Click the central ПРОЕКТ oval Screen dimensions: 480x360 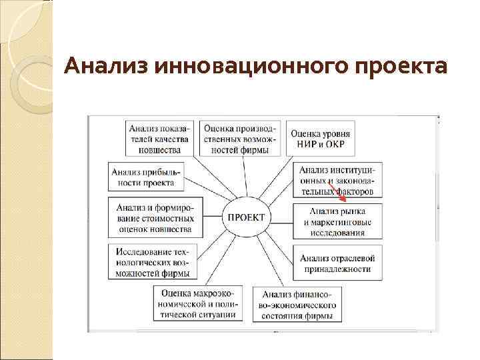coord(246,217)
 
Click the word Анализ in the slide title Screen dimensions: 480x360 coord(106,67)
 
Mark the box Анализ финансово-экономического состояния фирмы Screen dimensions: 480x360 coord(298,304)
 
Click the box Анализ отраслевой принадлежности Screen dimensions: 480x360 coord(337,263)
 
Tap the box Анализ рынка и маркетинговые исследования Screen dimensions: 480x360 coord(337,221)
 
